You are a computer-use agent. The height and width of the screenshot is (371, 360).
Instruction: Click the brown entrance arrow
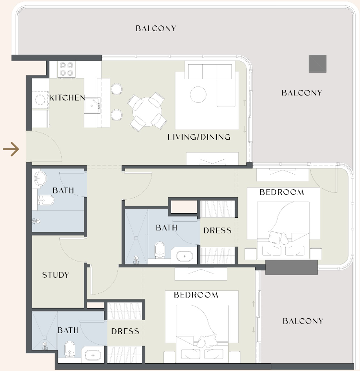(x=11, y=149)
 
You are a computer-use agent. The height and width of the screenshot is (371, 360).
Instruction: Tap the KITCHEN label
(x=67, y=98)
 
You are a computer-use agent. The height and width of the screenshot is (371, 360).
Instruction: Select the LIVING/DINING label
(x=199, y=137)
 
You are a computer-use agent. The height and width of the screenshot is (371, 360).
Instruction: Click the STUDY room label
(x=56, y=275)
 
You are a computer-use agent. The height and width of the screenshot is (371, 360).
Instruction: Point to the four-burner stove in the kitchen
(x=67, y=69)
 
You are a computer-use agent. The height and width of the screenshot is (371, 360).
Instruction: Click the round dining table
(x=147, y=112)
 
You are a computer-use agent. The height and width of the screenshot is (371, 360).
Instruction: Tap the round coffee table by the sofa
(x=198, y=95)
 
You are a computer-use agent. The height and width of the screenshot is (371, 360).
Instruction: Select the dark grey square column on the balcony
(x=317, y=64)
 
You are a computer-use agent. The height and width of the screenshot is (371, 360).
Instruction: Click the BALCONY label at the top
(x=156, y=28)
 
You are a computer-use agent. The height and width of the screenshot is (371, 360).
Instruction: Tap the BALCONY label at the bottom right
(x=303, y=321)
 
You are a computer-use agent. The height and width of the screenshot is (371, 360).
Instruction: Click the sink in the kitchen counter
(x=93, y=106)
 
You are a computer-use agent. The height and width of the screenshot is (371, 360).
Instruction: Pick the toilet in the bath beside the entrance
(x=46, y=201)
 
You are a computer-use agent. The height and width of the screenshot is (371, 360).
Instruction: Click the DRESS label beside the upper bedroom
(x=217, y=230)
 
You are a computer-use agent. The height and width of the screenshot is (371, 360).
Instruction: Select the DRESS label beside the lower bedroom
(x=125, y=331)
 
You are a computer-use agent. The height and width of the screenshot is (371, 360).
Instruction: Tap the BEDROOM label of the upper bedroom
(x=282, y=192)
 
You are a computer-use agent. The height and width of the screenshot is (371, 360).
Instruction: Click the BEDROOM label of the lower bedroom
(x=196, y=295)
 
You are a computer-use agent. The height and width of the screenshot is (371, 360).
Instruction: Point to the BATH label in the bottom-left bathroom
(x=68, y=330)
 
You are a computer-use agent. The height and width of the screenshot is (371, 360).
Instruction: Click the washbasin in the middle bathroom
(x=185, y=256)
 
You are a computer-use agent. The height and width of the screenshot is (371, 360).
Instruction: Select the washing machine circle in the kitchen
(x=40, y=100)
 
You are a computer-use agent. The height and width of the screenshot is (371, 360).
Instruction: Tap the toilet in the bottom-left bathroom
(x=70, y=348)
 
